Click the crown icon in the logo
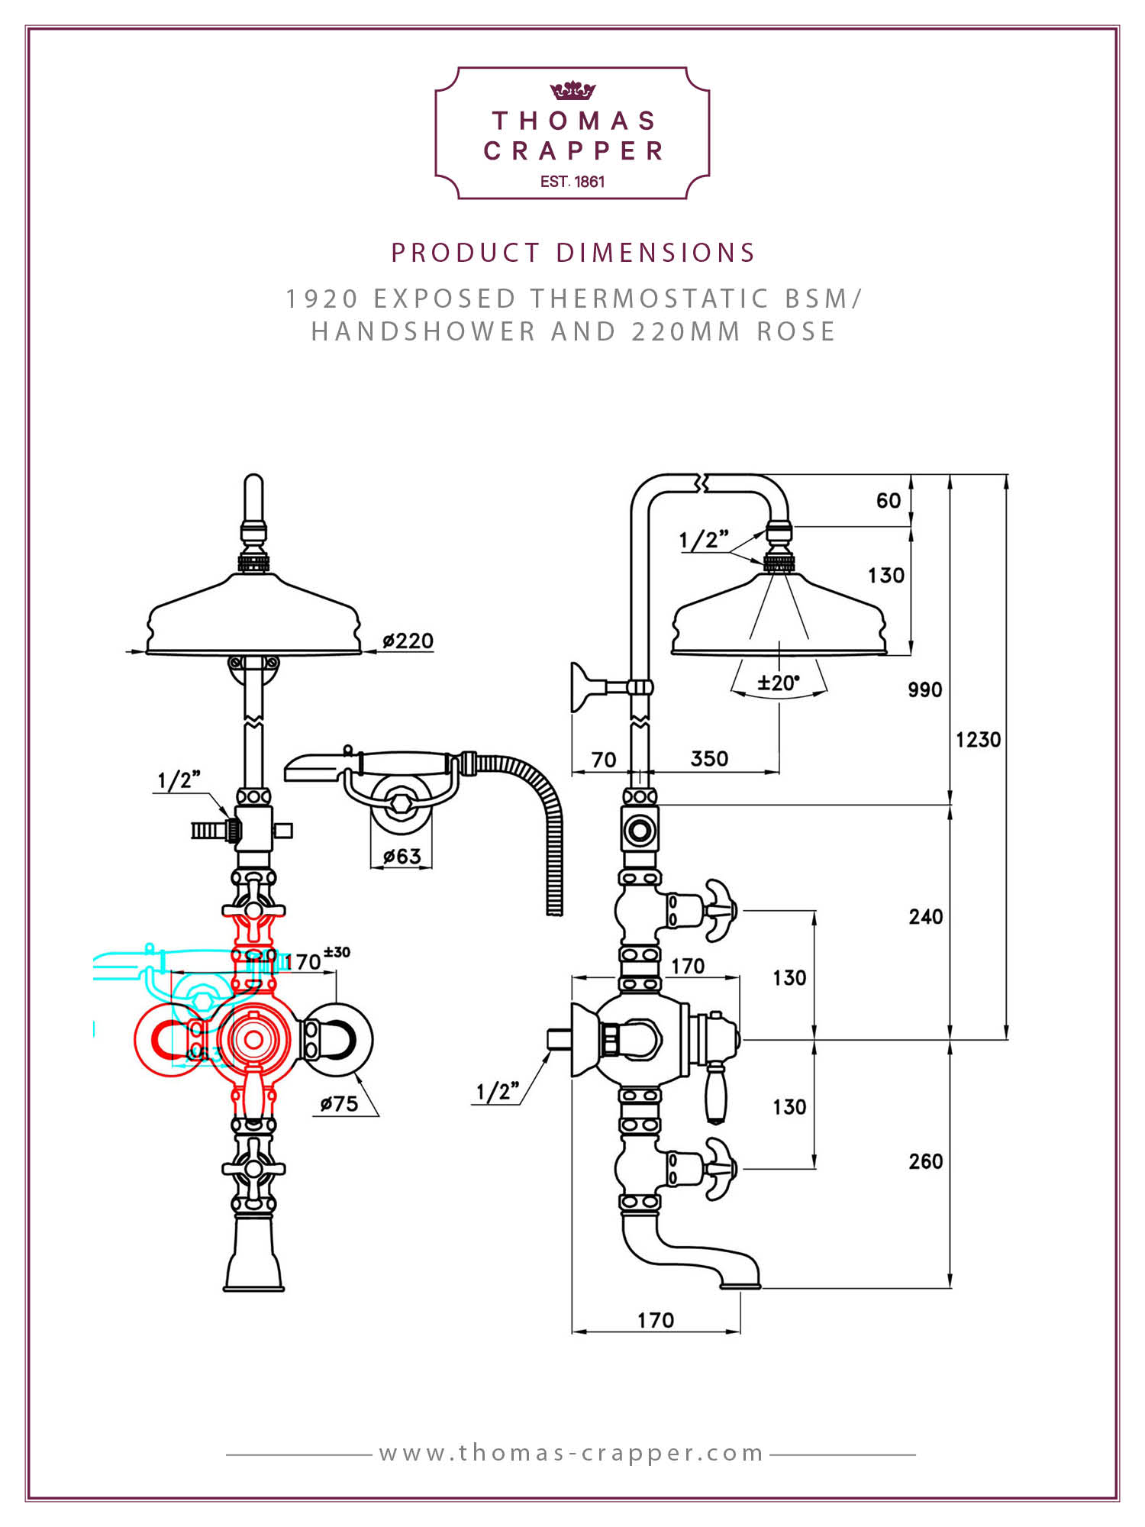click(572, 91)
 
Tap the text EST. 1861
click(572, 182)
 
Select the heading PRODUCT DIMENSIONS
click(573, 253)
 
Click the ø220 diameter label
click(408, 641)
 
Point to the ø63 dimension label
click(402, 856)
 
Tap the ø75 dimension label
click(340, 1103)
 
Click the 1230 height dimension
click(978, 739)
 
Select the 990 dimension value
click(925, 689)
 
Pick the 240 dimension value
click(926, 916)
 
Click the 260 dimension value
click(926, 1161)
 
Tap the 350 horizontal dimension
click(709, 758)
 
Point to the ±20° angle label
click(779, 682)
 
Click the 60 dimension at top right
click(889, 500)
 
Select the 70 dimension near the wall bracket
click(604, 760)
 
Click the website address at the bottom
click(572, 1452)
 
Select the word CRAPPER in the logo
click(573, 151)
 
